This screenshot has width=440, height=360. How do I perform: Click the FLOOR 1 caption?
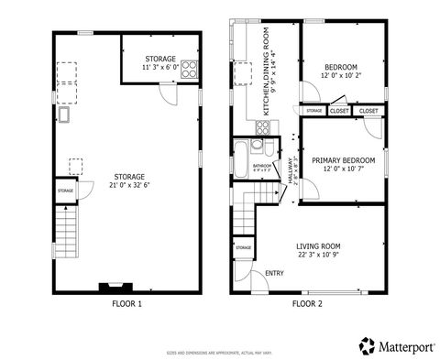coord(126,302)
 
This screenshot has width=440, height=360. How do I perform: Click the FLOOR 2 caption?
coord(307,302)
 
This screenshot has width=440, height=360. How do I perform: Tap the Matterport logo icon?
coord(367,344)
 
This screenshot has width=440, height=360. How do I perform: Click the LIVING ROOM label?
coord(317,245)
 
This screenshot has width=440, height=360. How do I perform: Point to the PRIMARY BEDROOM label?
coord(338,160)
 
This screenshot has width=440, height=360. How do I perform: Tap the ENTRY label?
coord(274,272)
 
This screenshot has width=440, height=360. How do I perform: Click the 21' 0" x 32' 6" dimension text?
coord(127,184)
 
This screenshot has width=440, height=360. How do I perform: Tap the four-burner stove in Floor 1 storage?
coord(190,68)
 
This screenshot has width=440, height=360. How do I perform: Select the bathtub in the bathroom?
coord(241,158)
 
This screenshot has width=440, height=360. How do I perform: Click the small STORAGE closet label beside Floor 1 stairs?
coord(66,191)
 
